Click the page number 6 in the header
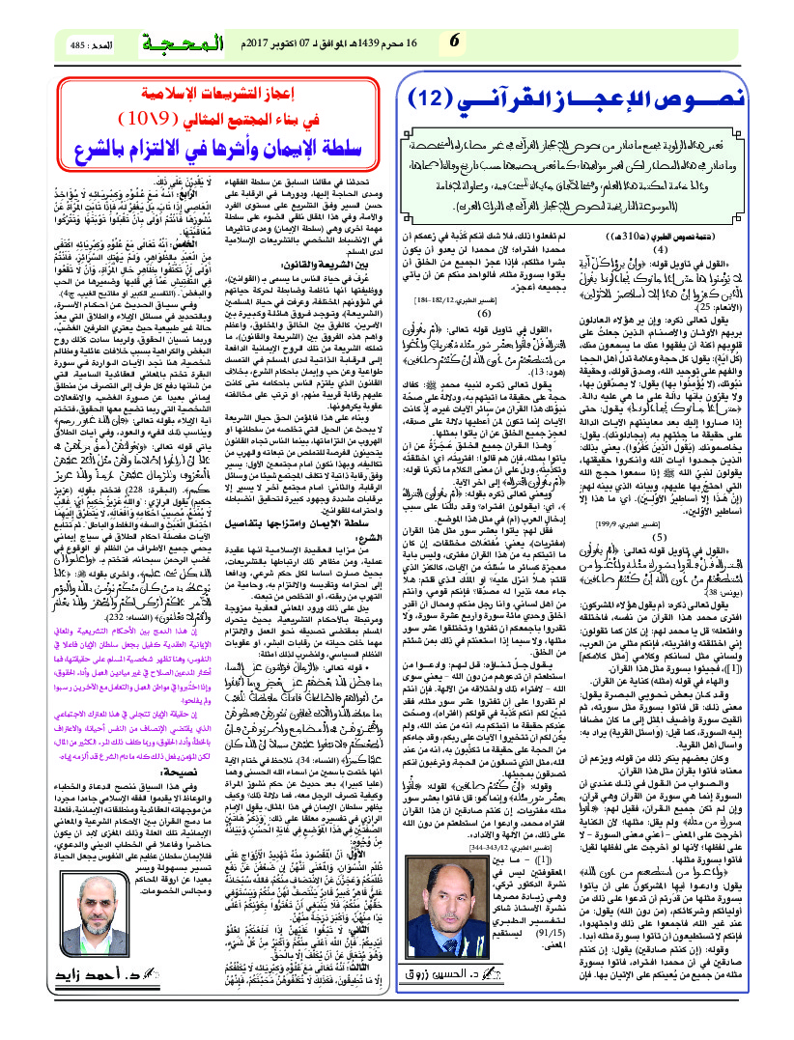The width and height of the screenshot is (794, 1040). pyautogui.click(x=454, y=42)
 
